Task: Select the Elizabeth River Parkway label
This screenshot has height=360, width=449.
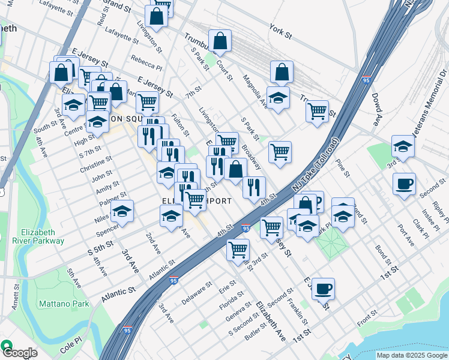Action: point(43,236)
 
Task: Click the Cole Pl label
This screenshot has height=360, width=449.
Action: point(70,347)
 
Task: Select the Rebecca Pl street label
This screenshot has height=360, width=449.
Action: point(146,63)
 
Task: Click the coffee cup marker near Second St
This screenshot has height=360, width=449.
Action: point(404,184)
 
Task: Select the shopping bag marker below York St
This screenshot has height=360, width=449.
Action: point(282,73)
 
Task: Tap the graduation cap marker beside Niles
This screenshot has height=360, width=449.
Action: point(122,212)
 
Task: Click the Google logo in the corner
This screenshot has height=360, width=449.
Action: point(19,352)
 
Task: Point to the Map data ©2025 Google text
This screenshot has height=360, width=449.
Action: point(411,355)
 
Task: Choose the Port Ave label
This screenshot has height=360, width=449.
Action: point(406,235)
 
